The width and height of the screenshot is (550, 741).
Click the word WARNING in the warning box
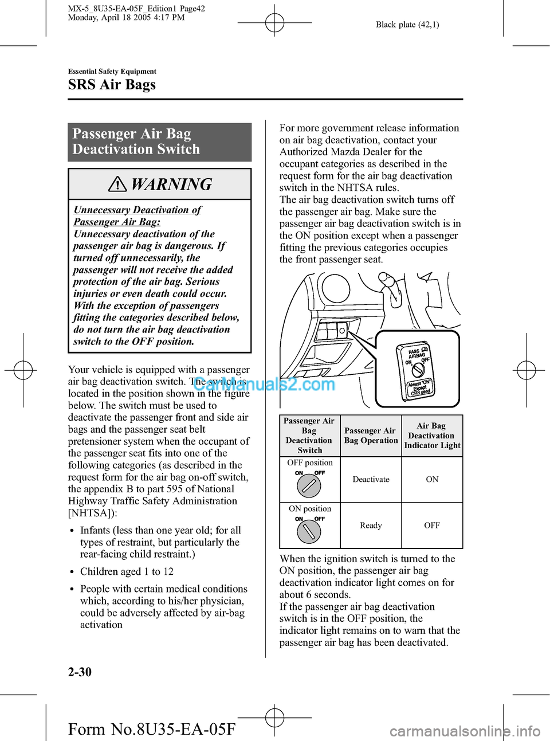tap(171, 184)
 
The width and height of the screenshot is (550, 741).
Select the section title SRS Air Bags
tap(112, 85)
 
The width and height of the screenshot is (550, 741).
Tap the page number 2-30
tap(80, 672)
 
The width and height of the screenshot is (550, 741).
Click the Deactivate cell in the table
tap(371, 479)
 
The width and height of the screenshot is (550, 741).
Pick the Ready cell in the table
tap(371, 525)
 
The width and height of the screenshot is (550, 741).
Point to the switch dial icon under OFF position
tap(309, 486)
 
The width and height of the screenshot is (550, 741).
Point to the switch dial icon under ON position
tap(309, 531)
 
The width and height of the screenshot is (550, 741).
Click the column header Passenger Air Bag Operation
tap(371, 436)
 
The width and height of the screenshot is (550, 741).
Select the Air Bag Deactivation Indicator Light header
tap(432, 436)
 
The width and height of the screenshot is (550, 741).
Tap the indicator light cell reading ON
tap(432, 479)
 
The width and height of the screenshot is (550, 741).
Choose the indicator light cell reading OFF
tap(432, 525)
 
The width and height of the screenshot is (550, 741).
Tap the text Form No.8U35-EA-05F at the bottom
tap(152, 729)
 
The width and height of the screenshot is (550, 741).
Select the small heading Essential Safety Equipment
tap(112, 72)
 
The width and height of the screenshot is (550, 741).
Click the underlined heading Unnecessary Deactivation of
tap(137, 210)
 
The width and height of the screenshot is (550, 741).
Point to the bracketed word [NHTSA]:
tap(92, 513)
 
